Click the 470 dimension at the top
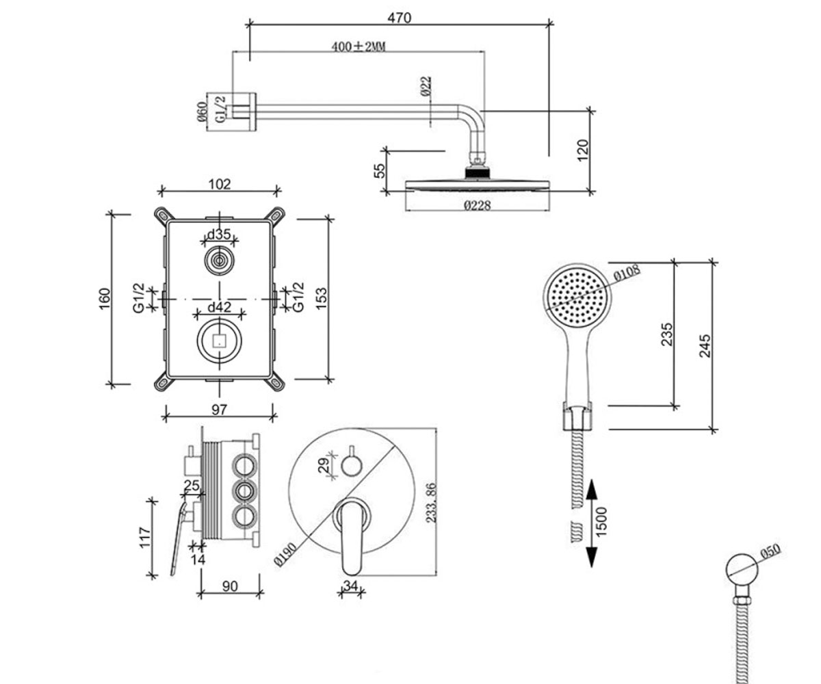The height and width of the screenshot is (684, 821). tap(399, 18)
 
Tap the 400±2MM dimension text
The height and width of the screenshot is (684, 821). tap(359, 47)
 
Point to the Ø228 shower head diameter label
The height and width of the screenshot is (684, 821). tap(478, 205)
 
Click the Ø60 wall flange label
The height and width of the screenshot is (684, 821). tap(202, 111)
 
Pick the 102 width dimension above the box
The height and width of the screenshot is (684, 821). tap(219, 184)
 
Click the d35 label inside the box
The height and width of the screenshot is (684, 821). tap(219, 235)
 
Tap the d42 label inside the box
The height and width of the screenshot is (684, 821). tap(220, 307)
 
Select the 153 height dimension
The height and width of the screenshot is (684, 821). tap(322, 299)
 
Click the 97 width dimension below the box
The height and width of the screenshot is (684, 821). tap(219, 410)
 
